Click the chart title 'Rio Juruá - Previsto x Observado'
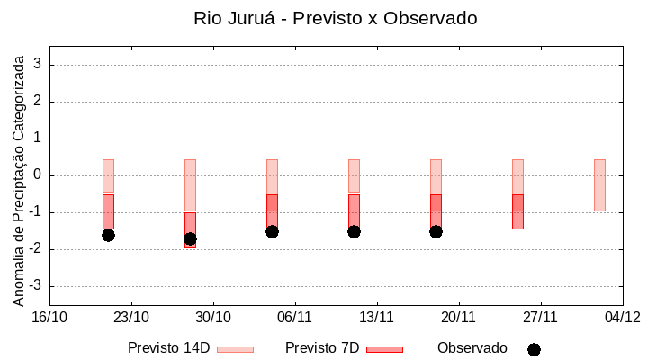[x=335, y=18]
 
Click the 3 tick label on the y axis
[x=38, y=65]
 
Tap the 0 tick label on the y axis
[x=38, y=175]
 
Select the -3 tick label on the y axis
[x=34, y=286]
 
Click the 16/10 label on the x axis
[x=49, y=317]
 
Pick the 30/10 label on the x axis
[x=213, y=317]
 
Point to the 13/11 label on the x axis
[x=377, y=317]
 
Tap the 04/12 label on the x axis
[x=622, y=317]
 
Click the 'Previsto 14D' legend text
[x=168, y=348]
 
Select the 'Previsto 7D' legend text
[x=321, y=348]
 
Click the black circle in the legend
[x=534, y=349]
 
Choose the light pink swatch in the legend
[x=235, y=349]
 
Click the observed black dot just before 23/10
[x=108, y=235]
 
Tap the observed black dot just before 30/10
[x=190, y=238]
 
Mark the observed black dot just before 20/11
[x=436, y=231]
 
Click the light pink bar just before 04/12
[x=599, y=184]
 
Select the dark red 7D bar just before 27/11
[x=517, y=212]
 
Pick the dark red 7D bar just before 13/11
[x=354, y=211]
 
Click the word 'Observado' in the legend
[x=472, y=348]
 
